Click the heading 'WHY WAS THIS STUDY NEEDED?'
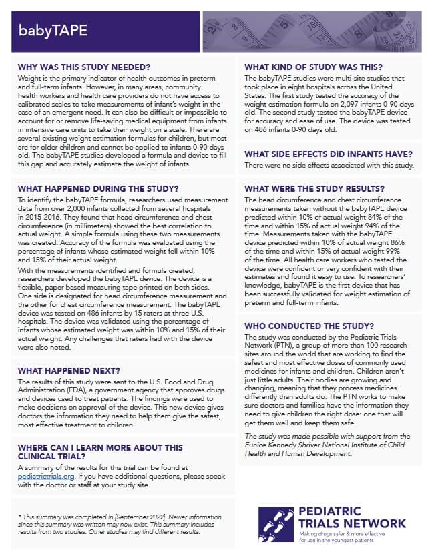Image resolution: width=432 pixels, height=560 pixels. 84,67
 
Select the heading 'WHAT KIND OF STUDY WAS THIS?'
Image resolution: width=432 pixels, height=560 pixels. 314,67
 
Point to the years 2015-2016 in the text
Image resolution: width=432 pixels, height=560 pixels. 41,217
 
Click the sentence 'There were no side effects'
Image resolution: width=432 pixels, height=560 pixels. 287,165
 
